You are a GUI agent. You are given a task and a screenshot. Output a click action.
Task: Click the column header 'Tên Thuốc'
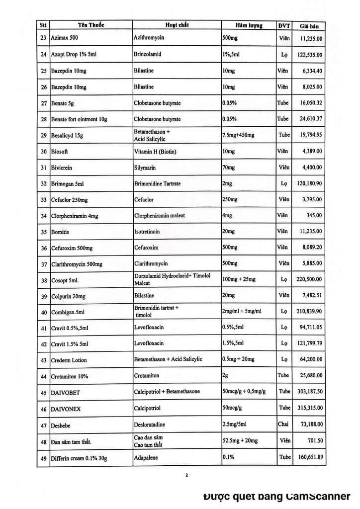(x=90, y=25)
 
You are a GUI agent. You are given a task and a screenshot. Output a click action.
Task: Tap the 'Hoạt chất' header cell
(x=176, y=25)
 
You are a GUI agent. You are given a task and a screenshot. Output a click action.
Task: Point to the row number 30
(x=43, y=152)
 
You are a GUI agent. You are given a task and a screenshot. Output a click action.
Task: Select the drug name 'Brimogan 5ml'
(x=69, y=184)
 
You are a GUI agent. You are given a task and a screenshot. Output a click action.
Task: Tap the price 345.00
(x=315, y=216)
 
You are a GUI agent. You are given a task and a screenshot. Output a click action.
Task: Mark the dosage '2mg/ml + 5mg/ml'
(x=241, y=311)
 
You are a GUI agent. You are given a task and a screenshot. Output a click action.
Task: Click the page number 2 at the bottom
(x=186, y=475)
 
